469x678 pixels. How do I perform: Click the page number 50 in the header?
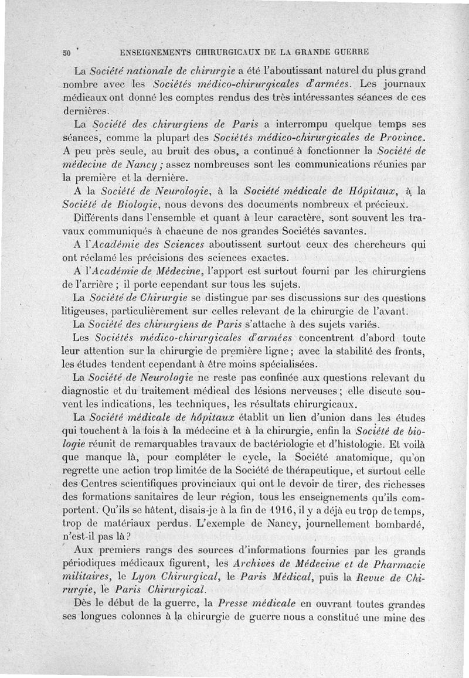(66, 52)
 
